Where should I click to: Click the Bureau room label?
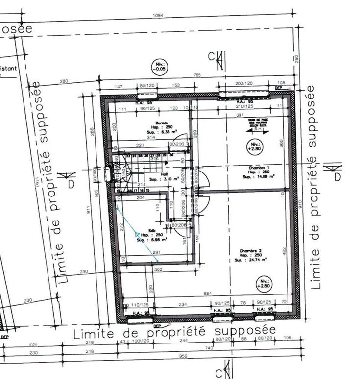(162, 122)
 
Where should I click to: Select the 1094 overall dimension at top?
(158, 15)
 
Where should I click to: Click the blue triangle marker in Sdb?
(138, 234)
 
